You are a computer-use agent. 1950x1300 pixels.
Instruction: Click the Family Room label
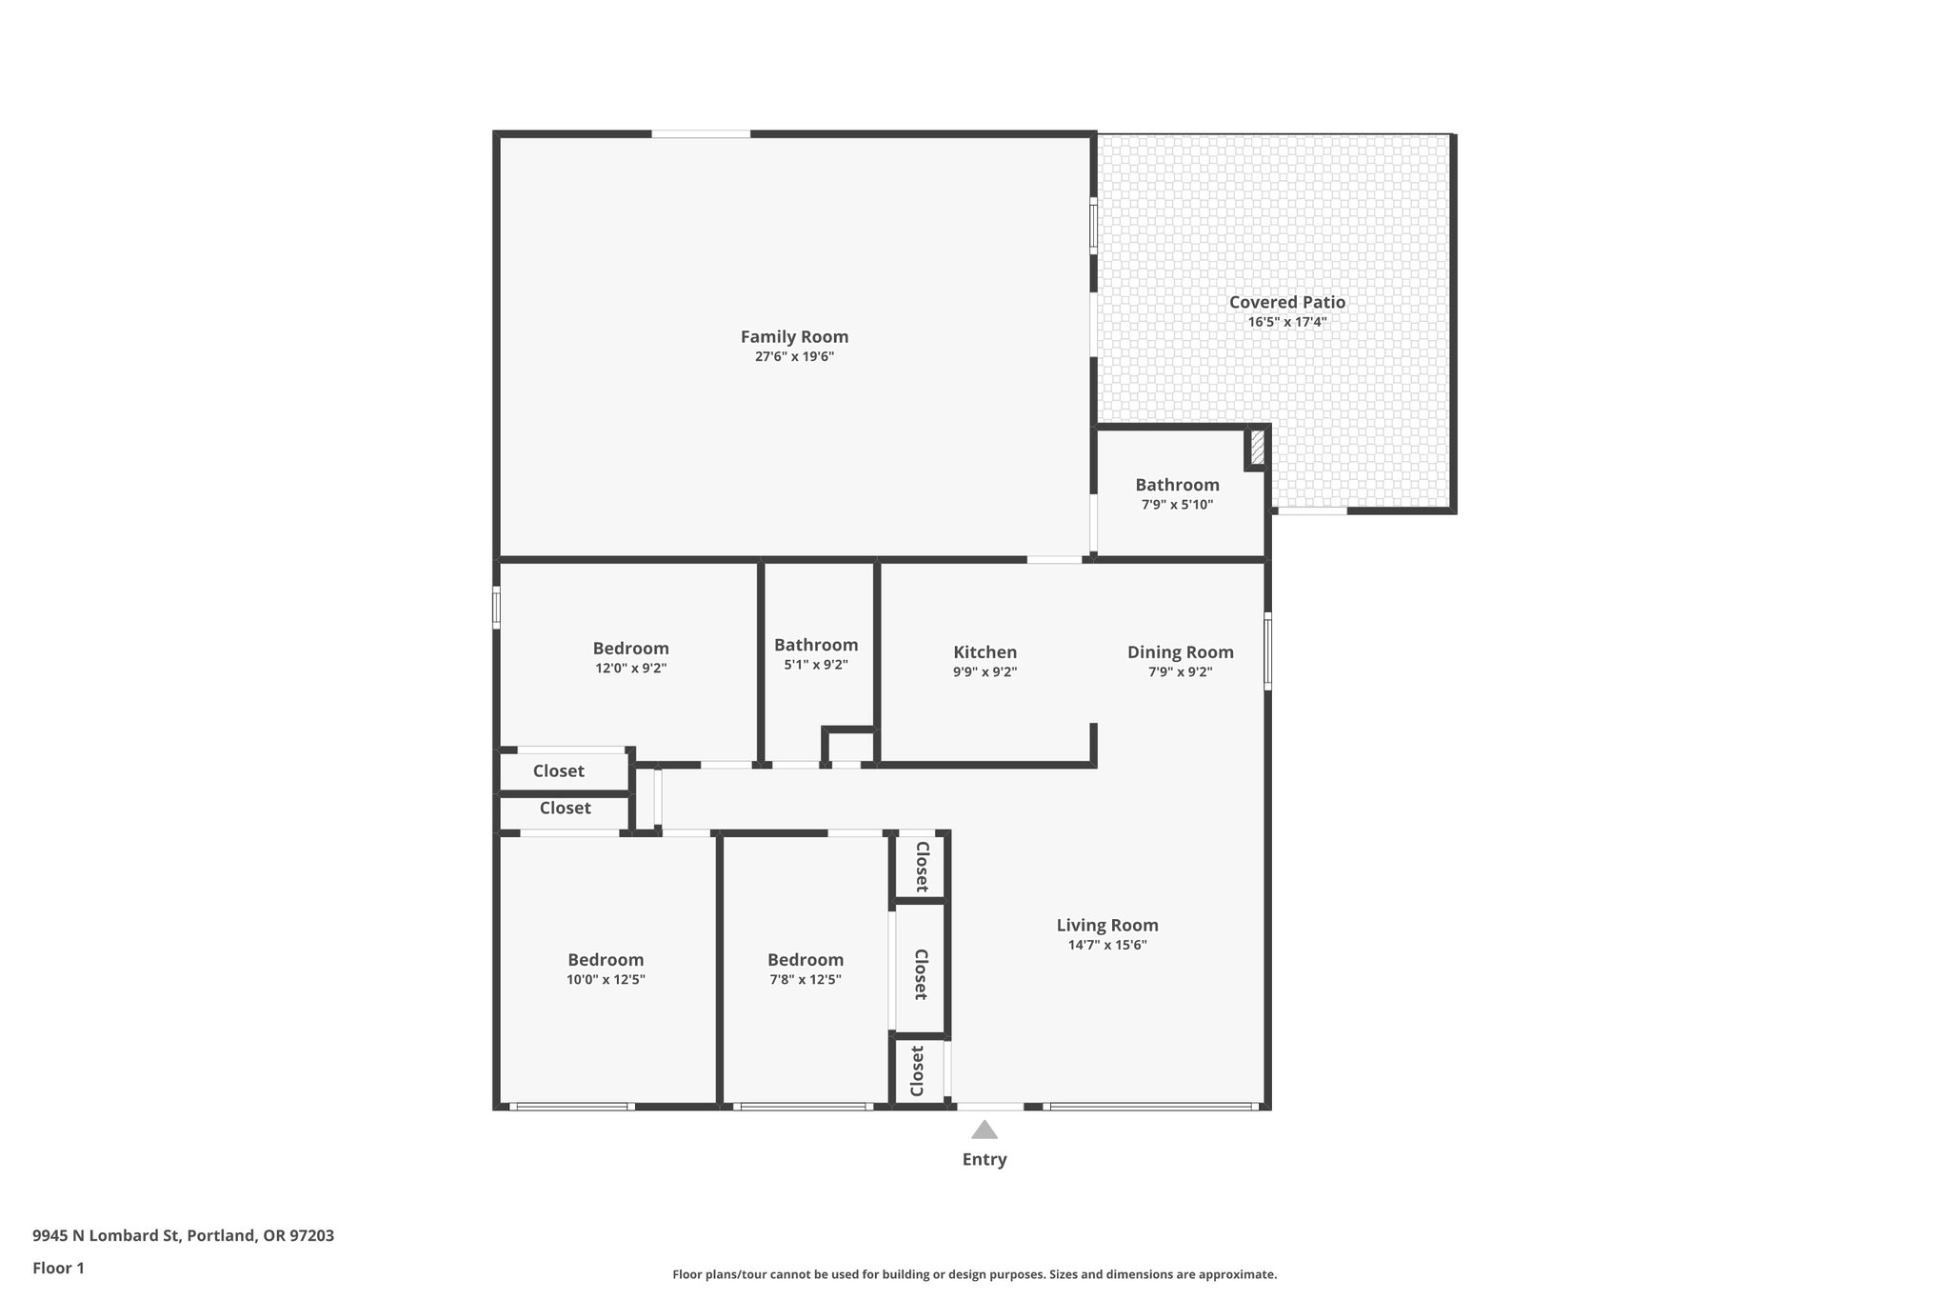click(x=794, y=336)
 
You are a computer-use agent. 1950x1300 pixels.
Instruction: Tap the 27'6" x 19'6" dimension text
click(x=794, y=357)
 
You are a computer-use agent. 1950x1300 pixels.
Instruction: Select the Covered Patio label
click(x=1286, y=302)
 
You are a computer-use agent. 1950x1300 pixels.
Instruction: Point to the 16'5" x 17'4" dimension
click(x=1286, y=322)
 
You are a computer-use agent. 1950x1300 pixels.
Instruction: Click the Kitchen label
click(x=985, y=652)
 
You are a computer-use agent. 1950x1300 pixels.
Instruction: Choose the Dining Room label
click(x=1180, y=652)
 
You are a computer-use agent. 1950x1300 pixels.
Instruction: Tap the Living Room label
click(x=1107, y=925)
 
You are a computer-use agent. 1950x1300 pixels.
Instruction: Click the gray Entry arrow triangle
click(x=984, y=1130)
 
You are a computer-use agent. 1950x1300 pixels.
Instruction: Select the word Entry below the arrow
click(x=984, y=1159)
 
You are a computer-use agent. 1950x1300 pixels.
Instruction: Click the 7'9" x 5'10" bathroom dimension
click(x=1177, y=505)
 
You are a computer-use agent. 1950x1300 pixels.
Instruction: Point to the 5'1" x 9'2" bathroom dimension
click(x=815, y=665)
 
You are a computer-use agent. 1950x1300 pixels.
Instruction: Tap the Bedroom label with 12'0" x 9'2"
click(x=630, y=649)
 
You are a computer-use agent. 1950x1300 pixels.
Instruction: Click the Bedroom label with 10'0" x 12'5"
click(x=606, y=960)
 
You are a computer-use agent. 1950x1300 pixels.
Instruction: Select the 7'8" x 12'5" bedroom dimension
click(x=806, y=980)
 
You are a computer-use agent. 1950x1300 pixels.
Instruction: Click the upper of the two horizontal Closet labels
click(x=558, y=771)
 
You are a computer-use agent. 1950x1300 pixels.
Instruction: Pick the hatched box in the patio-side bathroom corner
click(x=1257, y=448)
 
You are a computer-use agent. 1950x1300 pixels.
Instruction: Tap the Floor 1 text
click(x=58, y=1268)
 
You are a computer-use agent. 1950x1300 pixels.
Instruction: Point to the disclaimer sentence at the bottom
click(x=974, y=1274)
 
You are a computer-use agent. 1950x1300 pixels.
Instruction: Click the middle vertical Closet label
click(x=921, y=973)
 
